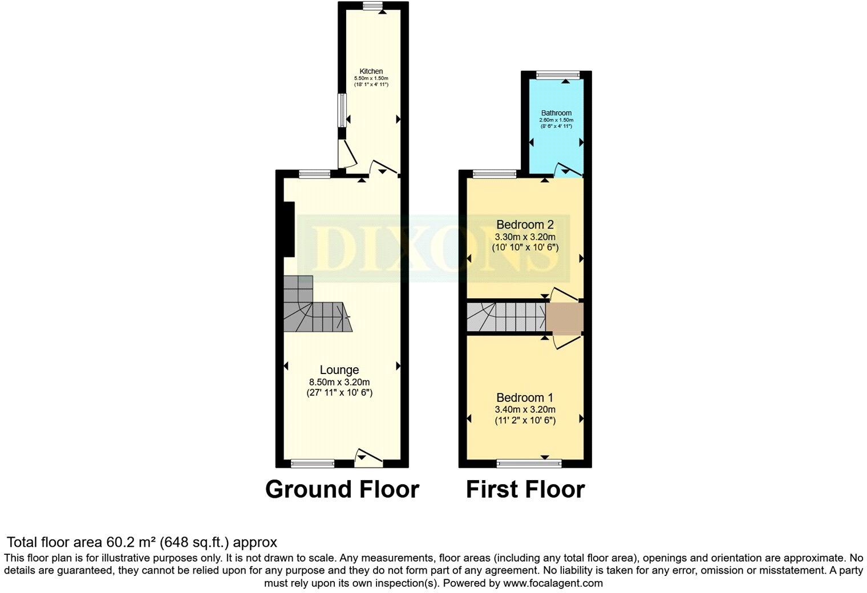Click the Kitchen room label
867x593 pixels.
[371, 71]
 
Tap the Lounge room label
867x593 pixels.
[339, 370]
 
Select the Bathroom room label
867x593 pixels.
[556, 113]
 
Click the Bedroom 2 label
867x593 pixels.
[525, 224]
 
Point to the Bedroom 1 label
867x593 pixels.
[525, 397]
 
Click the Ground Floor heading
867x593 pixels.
[342, 489]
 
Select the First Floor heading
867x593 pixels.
[525, 489]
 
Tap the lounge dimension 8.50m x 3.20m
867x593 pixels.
[339, 382]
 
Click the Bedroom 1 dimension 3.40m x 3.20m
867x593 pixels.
[525, 409]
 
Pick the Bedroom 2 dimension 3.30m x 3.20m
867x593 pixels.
[525, 237]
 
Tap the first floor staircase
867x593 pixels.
[505, 317]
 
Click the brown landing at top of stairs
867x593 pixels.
[565, 318]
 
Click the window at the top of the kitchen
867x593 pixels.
[373, 6]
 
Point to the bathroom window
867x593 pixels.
[558, 74]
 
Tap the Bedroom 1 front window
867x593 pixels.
[529, 464]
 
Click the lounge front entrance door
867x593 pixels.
[368, 457]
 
